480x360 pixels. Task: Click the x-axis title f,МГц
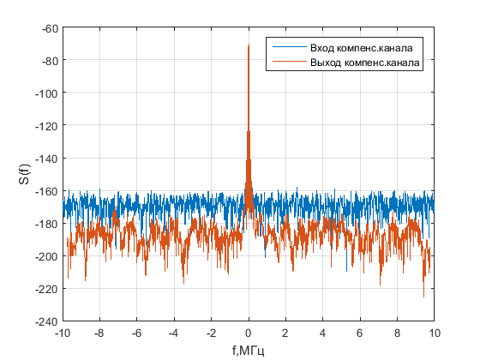249,350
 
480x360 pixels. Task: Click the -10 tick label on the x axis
63,333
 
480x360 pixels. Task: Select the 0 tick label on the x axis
249,333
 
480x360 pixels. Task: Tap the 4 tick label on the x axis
323,333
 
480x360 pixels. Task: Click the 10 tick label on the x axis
435,333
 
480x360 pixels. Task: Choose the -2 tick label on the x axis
211,333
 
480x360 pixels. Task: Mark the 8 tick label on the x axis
398,333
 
